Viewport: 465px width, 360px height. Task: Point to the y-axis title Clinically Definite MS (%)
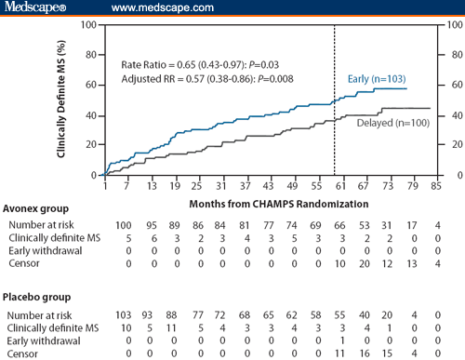(x=62, y=99)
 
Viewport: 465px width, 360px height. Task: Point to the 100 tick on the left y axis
(x=86, y=25)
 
